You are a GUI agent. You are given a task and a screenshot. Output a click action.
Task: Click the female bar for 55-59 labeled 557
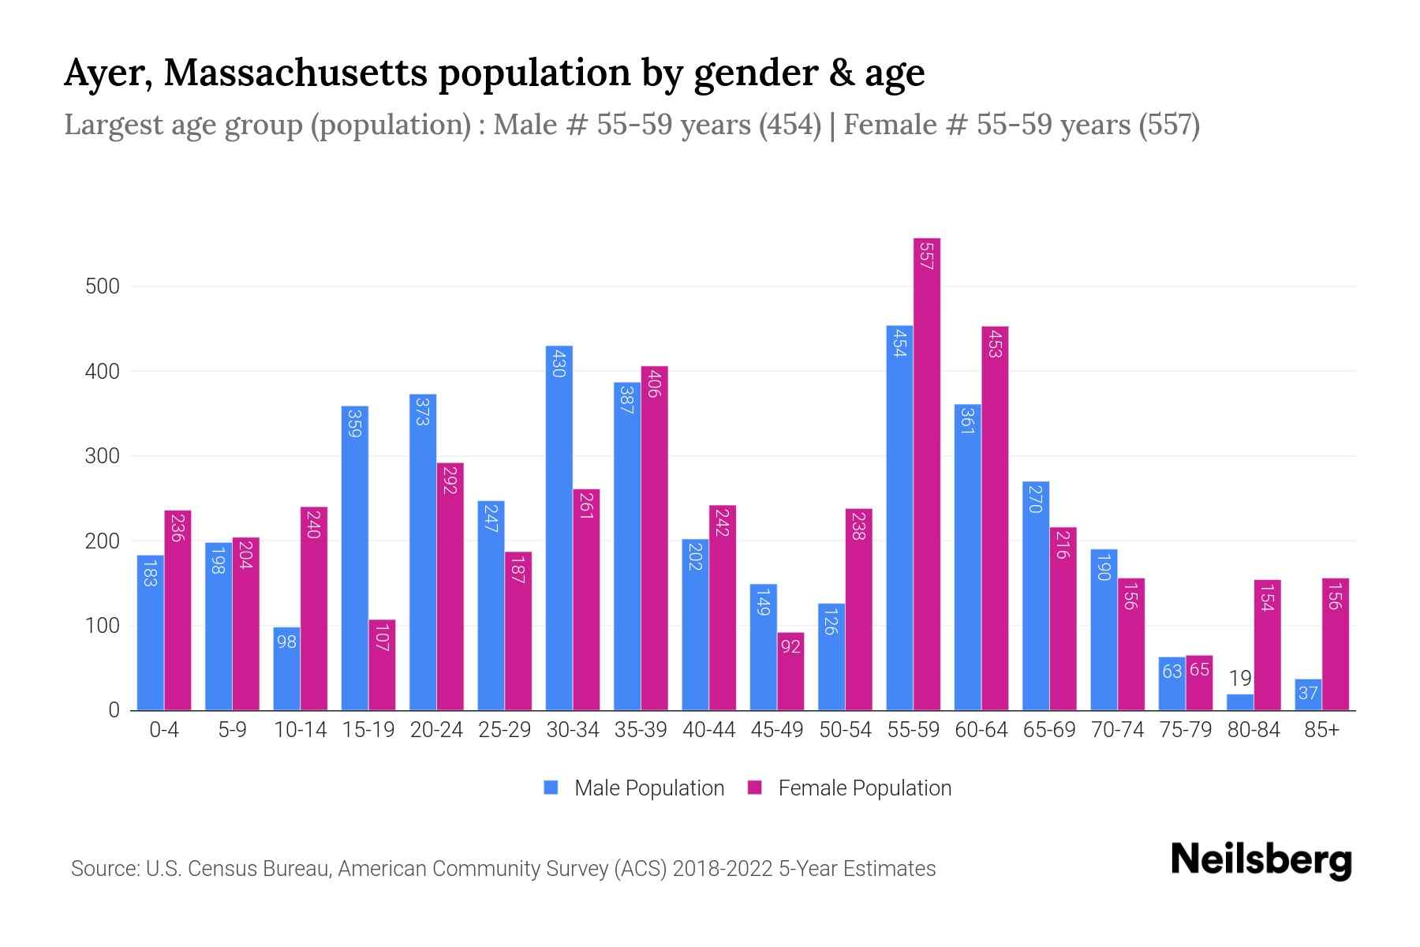pos(927,473)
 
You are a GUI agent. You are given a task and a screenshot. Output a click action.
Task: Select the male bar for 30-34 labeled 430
pos(559,528)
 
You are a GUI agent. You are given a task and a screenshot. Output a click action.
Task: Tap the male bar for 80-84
pos(1240,702)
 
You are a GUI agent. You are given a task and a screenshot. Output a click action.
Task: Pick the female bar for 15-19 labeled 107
pos(382,664)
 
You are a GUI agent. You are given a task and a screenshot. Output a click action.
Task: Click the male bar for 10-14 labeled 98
pos(286,668)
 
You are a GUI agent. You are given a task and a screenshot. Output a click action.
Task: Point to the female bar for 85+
pos(1335,644)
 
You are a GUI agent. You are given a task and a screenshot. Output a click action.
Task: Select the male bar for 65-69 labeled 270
pos(1035,596)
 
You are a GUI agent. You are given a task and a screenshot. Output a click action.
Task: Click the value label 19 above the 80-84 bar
pos(1240,678)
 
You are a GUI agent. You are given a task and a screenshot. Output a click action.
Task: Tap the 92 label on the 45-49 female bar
pos(790,646)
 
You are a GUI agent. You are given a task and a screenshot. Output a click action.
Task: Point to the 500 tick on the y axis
pos(103,286)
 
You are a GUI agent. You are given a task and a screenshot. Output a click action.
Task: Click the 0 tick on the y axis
pos(114,710)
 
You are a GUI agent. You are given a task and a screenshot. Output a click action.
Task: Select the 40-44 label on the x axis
pos(708,730)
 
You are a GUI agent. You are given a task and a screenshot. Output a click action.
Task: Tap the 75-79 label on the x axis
pos(1185,730)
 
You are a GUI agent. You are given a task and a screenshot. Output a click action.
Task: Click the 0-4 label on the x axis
pos(164,730)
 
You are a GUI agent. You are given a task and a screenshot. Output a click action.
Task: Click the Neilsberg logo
pos(1261,860)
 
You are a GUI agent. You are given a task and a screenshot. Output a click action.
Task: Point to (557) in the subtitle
pos(1169,125)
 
